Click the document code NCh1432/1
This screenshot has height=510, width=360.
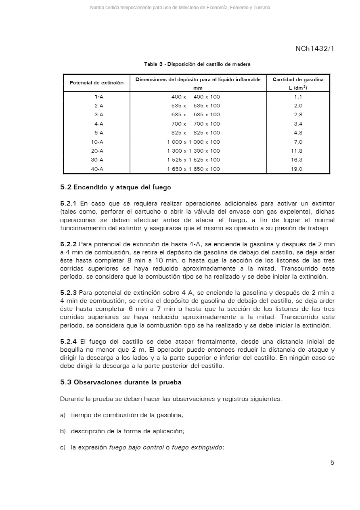[x=314, y=49]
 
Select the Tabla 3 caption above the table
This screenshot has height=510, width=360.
[x=197, y=64]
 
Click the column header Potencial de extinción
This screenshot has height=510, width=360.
[x=96, y=83]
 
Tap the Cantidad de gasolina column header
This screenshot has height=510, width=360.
[x=298, y=80]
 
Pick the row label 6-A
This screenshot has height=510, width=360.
[x=97, y=133]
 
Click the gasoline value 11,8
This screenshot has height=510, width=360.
[x=297, y=151]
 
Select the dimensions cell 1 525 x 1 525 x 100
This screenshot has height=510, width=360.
[x=193, y=160]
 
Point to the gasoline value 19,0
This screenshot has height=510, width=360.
[x=297, y=169]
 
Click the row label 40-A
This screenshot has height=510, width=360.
[x=97, y=169]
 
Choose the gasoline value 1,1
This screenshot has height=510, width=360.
[x=298, y=97]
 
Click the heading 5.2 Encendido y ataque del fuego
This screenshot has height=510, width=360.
[x=115, y=187]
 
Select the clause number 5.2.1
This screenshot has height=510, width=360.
[x=68, y=204]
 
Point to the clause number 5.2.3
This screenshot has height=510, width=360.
[x=68, y=293]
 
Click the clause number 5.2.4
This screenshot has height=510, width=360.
[x=68, y=342]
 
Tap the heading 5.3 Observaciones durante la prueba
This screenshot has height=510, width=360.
[x=121, y=382]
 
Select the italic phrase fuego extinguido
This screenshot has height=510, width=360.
[x=197, y=447]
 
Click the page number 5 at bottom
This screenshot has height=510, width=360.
[x=332, y=463]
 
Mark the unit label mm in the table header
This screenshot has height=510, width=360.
[x=198, y=88]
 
